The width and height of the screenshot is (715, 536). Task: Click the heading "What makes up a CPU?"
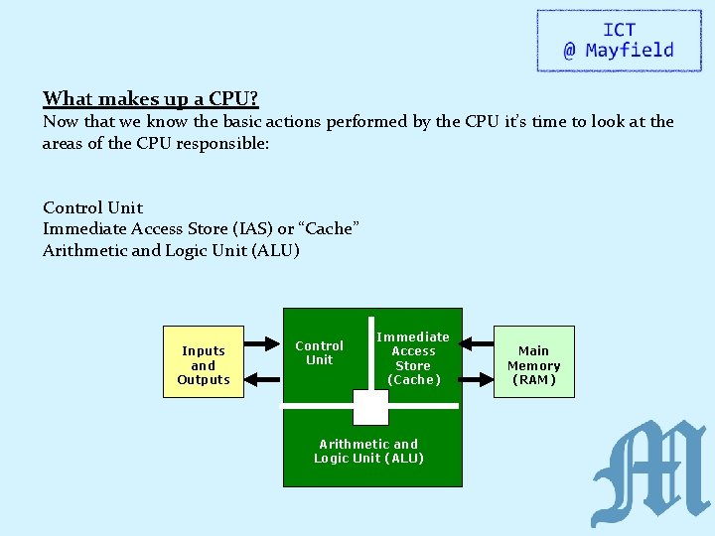point(150,98)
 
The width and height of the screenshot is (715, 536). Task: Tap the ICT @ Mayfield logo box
point(618,41)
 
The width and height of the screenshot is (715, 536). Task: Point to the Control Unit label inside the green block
point(319,352)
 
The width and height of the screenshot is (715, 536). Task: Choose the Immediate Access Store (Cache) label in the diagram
point(413,358)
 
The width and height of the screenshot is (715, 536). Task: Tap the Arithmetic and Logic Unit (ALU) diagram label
point(368,451)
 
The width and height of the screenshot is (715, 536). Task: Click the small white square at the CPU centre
point(371,407)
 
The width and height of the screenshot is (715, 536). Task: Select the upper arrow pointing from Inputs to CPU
point(263,343)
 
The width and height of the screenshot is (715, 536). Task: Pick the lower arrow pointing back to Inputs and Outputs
point(263,378)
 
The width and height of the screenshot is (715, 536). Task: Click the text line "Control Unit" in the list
point(92,207)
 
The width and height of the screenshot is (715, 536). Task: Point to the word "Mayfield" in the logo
point(630,51)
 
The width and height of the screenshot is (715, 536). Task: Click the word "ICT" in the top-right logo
point(619,30)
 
